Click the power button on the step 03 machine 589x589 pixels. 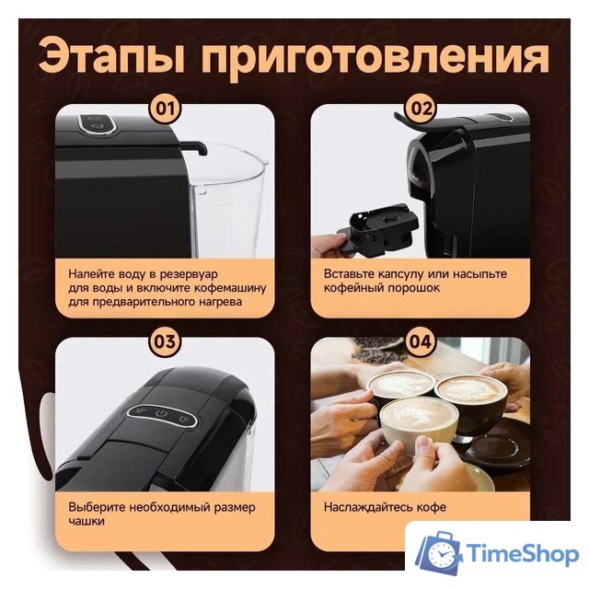pyautogui.click(x=162, y=412)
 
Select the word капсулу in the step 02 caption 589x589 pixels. pyautogui.click(x=410, y=273)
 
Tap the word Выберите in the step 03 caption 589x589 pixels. pyautogui.click(x=99, y=507)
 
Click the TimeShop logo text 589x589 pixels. pyautogui.click(x=522, y=554)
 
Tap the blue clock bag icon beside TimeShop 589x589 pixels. pyautogui.click(x=438, y=553)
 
